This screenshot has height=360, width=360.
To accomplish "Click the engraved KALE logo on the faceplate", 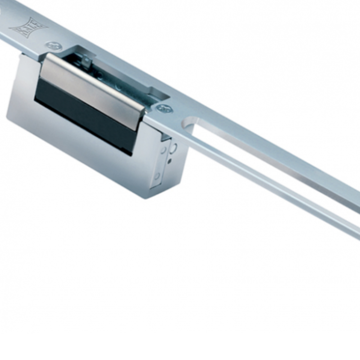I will click(x=28, y=28).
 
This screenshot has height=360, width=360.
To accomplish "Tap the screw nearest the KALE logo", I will click(x=52, y=46).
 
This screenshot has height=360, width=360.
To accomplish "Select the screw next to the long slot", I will click(x=164, y=109).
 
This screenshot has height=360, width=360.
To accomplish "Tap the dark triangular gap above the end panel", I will click(x=165, y=137).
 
